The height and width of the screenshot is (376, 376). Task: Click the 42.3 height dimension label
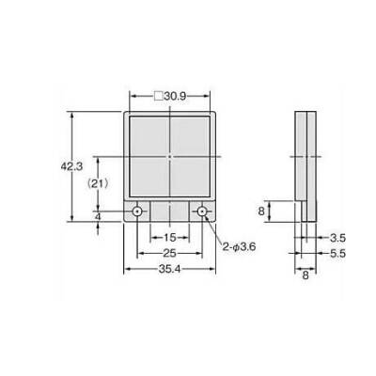pyautogui.click(x=71, y=166)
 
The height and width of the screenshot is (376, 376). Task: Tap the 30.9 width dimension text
pyautogui.click(x=175, y=96)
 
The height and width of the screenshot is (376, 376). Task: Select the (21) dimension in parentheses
pyautogui.click(x=98, y=183)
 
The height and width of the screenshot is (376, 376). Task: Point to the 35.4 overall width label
pyautogui.click(x=169, y=269)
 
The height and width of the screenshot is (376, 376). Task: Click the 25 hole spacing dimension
pyautogui.click(x=169, y=253)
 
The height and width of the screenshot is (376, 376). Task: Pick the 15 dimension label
pyautogui.click(x=170, y=238)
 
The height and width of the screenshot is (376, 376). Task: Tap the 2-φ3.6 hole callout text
pyautogui.click(x=239, y=247)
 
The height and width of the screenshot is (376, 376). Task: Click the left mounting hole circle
pyautogui.click(x=137, y=211)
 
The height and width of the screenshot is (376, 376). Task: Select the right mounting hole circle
pyautogui.click(x=202, y=211)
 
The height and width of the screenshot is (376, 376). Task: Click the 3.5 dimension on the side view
pyautogui.click(x=337, y=238)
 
